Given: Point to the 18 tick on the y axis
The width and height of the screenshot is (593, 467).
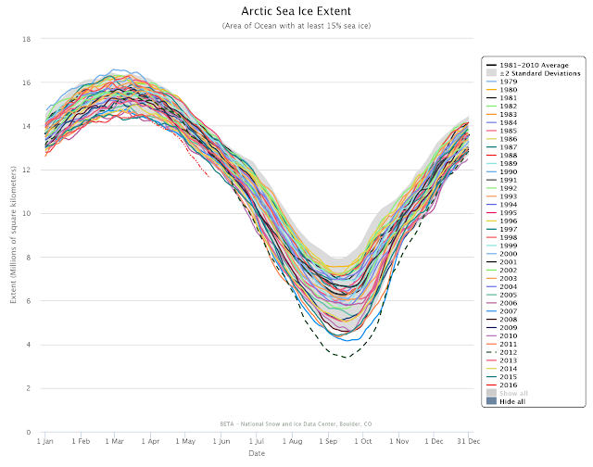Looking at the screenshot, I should tap(27, 39).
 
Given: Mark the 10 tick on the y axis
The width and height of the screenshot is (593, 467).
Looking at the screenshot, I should tap(27, 213).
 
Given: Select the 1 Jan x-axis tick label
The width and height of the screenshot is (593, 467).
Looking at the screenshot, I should tap(44, 441).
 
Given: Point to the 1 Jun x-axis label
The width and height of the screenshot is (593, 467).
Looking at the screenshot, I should tap(221, 441).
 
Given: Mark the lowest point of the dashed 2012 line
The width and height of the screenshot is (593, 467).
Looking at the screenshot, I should tap(347, 358).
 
